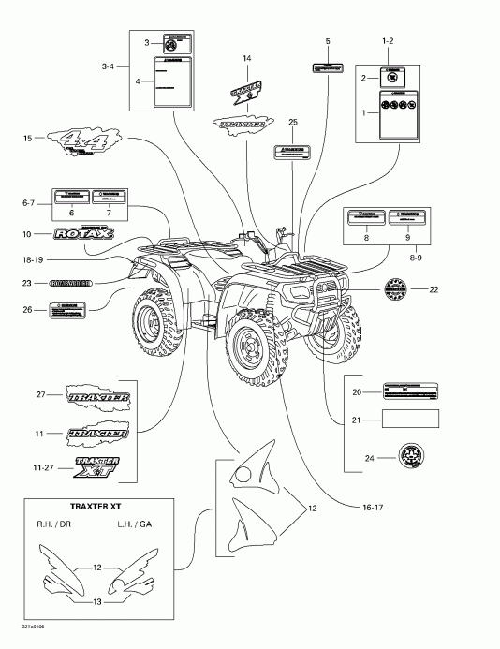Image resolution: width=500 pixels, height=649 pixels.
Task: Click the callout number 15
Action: [29, 139]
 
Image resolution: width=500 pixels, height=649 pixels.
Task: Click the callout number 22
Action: [433, 288]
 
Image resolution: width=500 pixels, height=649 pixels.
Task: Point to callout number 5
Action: [328, 42]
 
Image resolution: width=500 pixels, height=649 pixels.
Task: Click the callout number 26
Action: [28, 308]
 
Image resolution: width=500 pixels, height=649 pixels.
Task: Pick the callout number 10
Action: [28, 233]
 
